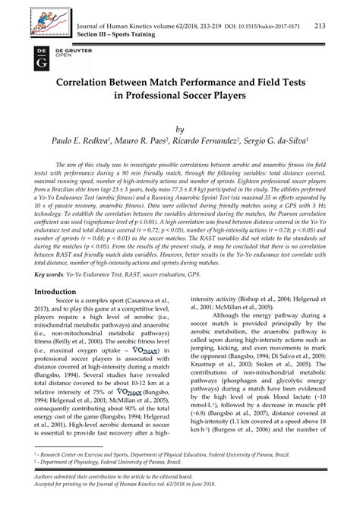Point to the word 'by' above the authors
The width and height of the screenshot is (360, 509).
[x=180, y=130]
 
